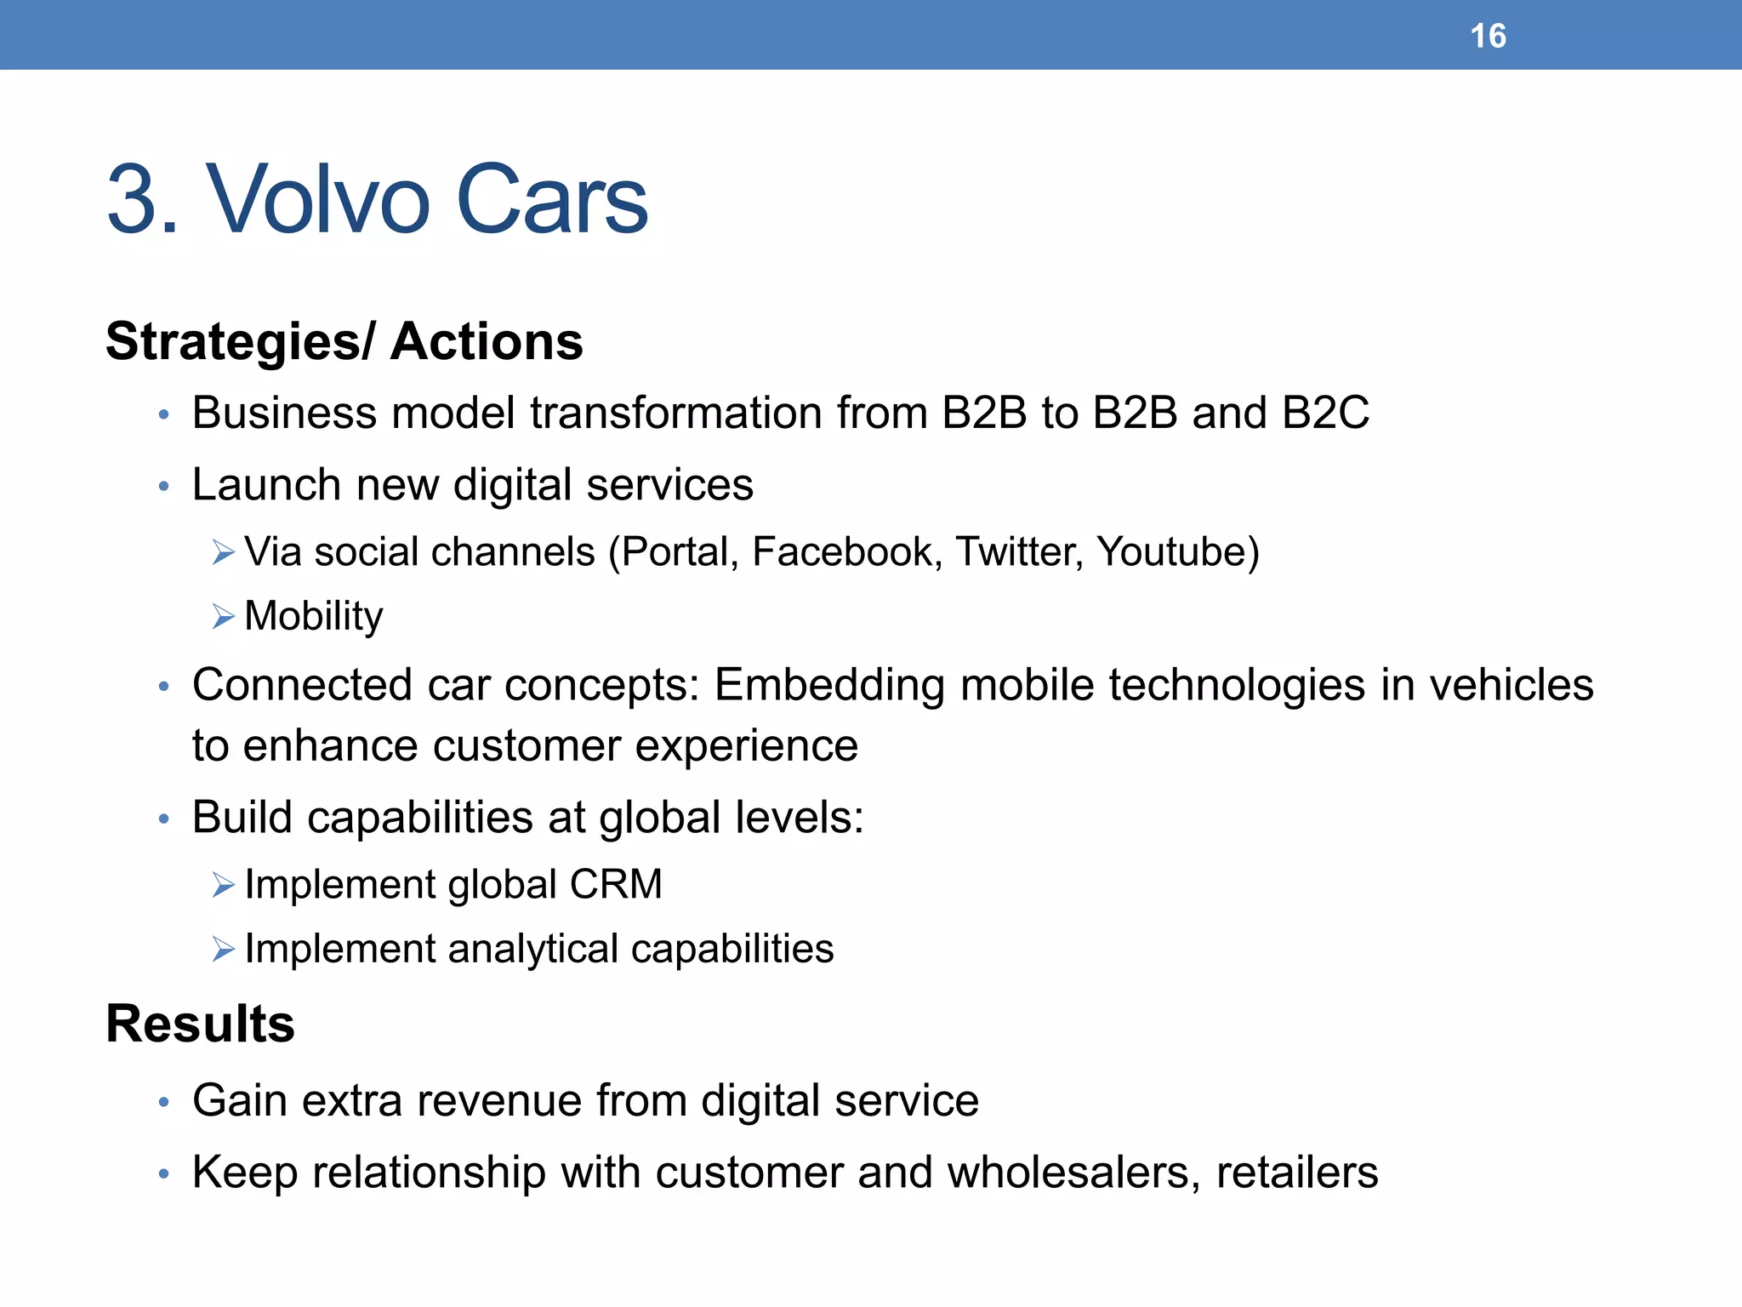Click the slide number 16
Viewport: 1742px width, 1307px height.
[1488, 36]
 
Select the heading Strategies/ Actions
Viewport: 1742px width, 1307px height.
[344, 341]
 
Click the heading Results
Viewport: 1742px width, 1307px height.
[200, 1023]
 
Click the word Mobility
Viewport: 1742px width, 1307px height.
[313, 616]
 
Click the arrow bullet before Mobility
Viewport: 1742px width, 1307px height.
[223, 616]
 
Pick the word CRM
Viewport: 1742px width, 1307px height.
[615, 884]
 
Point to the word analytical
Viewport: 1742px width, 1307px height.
[532, 949]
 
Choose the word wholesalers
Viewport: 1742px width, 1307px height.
[1073, 1173]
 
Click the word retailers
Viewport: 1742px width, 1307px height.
[1296, 1173]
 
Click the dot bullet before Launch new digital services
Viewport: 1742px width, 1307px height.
[164, 487]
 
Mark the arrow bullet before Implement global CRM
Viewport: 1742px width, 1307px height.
[223, 886]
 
